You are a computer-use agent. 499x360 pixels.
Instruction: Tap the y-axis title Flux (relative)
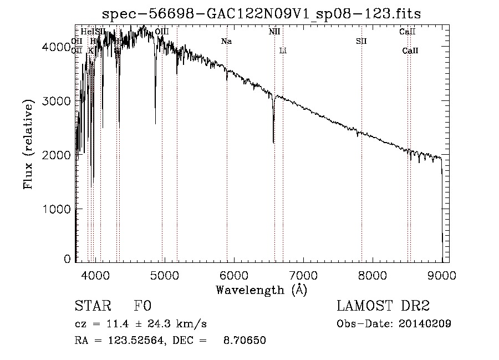click(x=29, y=144)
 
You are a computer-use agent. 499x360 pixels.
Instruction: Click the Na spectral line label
click(x=226, y=41)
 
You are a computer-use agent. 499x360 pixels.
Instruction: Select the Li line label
click(x=283, y=51)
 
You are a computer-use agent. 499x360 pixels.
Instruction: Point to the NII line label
click(x=274, y=32)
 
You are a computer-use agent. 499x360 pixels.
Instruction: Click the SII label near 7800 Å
click(x=361, y=41)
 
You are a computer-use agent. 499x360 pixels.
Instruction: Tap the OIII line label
click(x=162, y=32)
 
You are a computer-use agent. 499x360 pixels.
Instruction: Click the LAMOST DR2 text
click(x=383, y=307)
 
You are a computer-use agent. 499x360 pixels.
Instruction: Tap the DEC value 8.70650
click(x=244, y=341)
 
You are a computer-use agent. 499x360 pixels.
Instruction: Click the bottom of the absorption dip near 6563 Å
click(x=273, y=142)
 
